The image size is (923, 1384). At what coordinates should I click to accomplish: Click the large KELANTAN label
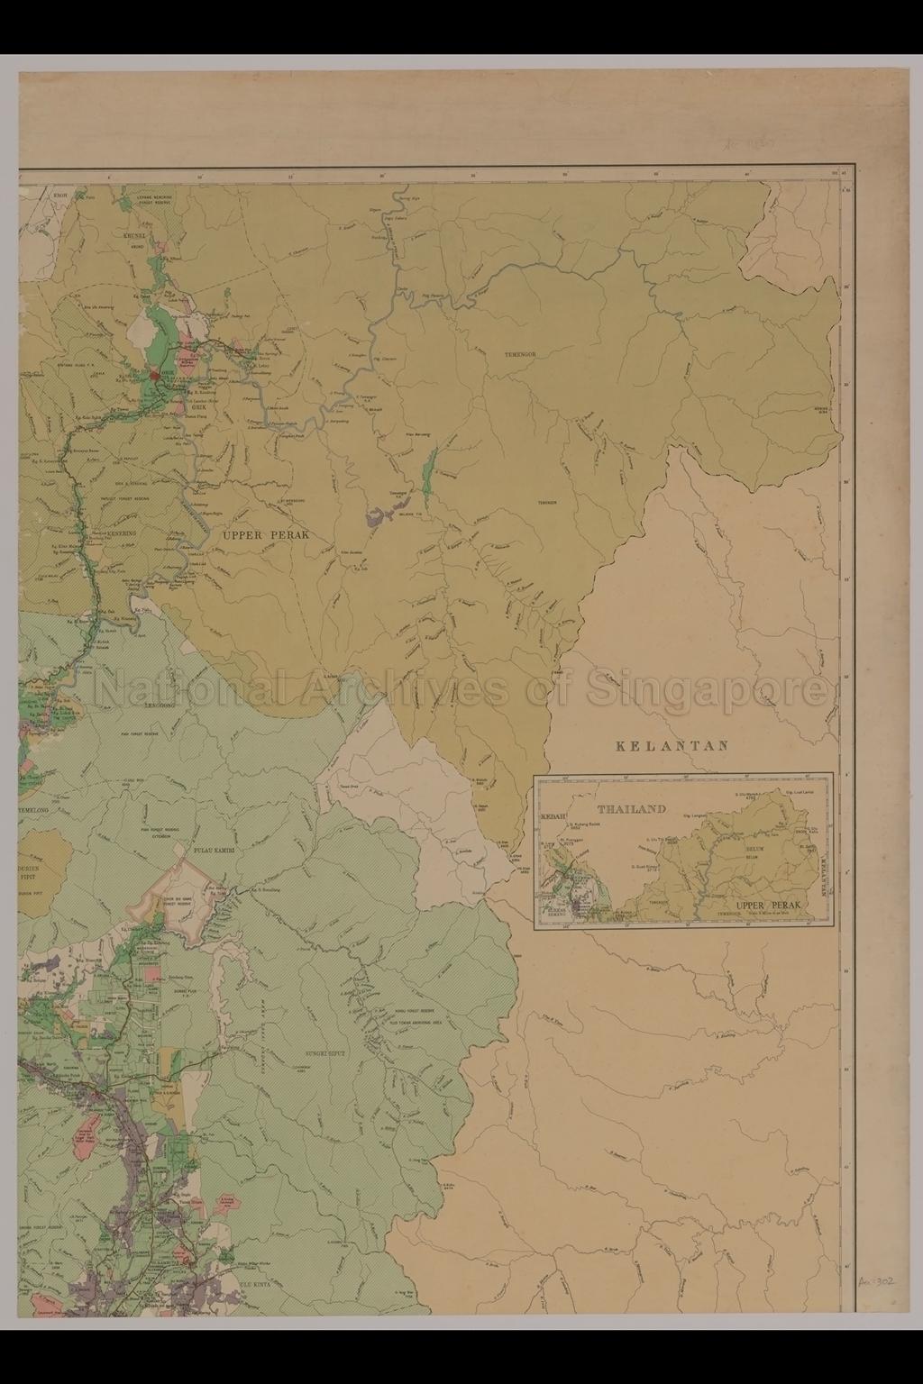click(671, 746)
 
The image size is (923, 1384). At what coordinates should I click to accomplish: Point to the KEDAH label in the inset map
click(552, 816)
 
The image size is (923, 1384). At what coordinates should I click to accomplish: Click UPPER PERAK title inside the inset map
click(767, 906)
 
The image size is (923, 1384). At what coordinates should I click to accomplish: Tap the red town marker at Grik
click(155, 375)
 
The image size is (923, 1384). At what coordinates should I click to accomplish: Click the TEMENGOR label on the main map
click(520, 355)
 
